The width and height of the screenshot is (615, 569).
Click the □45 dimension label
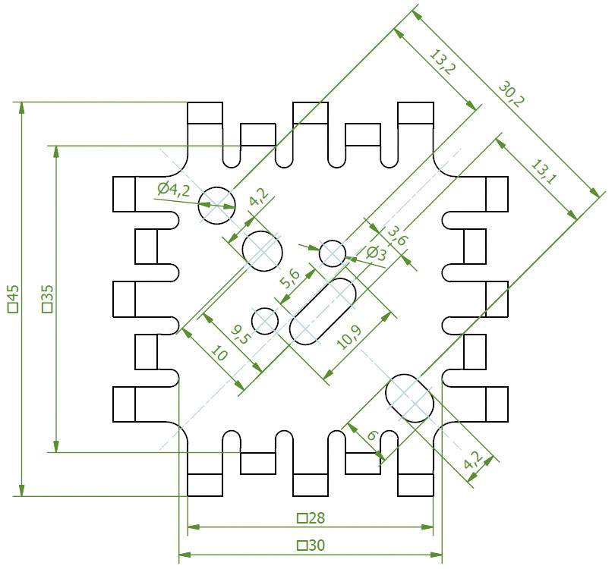coord(12,299)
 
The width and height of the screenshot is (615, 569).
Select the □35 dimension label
coord(47,299)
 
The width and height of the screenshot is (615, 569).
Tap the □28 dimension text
coord(311,518)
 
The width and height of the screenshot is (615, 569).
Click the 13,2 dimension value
coord(442,62)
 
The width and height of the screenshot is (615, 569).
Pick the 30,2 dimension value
coord(511,95)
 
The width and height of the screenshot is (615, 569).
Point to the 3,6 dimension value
coord(398,236)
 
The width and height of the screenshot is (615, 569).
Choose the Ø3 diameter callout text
coord(376,253)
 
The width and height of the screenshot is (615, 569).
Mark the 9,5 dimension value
coord(241,332)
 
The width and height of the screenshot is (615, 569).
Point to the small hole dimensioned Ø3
coord(333,253)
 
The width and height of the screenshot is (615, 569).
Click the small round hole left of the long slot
coord(265,321)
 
